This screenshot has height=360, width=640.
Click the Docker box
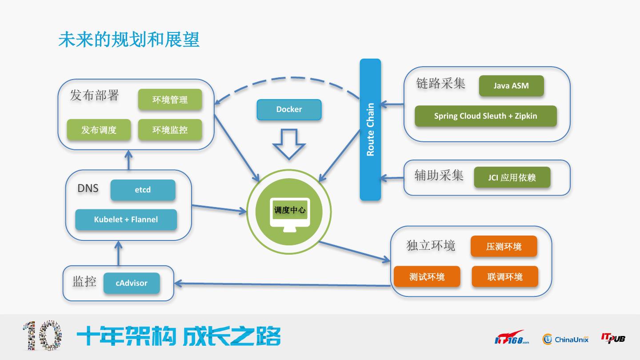[289, 109]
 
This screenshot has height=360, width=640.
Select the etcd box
[143, 190]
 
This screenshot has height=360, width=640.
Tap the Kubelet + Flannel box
[126, 220]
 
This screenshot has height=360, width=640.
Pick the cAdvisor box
[132, 283]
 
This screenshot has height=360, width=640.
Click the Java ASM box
[512, 86]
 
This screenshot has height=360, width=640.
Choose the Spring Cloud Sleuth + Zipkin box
[486, 116]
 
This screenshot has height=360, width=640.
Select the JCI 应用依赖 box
[512, 177]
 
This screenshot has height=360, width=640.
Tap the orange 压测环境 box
[504, 246]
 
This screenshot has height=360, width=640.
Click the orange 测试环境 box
[427, 276]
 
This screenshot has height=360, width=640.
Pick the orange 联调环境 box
[505, 276]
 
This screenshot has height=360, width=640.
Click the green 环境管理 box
[170, 100]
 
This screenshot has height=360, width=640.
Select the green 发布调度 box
[99, 130]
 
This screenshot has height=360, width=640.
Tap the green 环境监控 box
[170, 130]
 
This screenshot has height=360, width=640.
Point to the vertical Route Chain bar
[370, 130]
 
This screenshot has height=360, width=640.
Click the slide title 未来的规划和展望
[129, 40]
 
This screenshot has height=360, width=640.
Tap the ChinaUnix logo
[565, 339]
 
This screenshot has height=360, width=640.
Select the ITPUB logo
[613, 338]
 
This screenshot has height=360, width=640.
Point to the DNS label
[88, 188]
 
